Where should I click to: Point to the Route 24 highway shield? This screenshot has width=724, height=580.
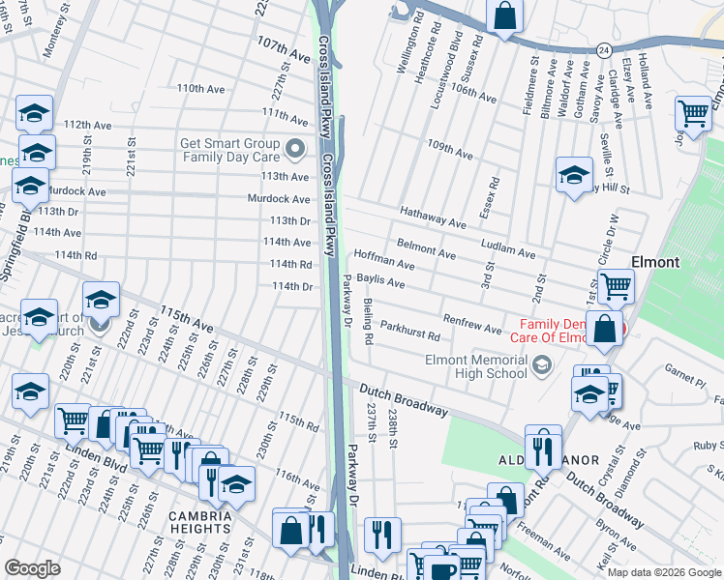(x=603, y=47)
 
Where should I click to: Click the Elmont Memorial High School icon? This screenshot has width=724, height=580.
(x=542, y=362)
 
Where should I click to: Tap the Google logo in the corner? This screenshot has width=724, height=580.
(x=32, y=568)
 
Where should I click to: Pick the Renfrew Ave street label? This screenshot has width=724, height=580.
(x=471, y=323)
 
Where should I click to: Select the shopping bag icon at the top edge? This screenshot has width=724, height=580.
(x=504, y=16)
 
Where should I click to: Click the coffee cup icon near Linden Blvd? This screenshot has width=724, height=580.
(x=443, y=568)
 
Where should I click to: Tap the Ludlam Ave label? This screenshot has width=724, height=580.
(x=507, y=248)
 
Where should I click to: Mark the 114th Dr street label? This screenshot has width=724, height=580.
(x=292, y=287)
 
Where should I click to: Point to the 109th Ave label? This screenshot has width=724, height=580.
(x=450, y=149)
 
